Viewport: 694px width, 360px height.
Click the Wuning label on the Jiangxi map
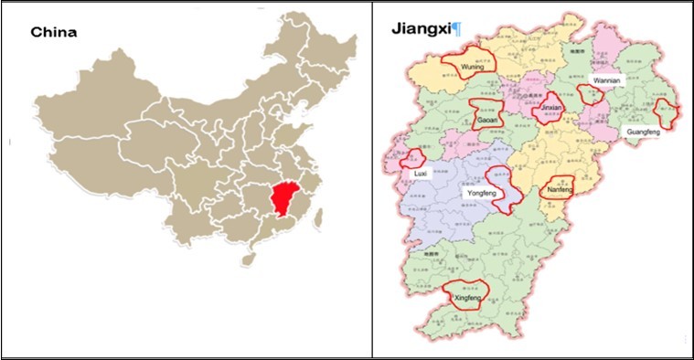(473, 67)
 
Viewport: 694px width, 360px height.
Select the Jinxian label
(550, 108)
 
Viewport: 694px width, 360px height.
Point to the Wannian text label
(606, 80)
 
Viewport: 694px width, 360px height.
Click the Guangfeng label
(642, 132)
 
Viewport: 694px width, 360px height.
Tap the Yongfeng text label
(482, 194)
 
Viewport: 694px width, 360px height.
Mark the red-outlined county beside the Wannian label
(586, 93)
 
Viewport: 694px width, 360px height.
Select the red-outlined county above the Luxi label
(415, 157)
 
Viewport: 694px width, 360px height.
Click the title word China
(54, 33)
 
